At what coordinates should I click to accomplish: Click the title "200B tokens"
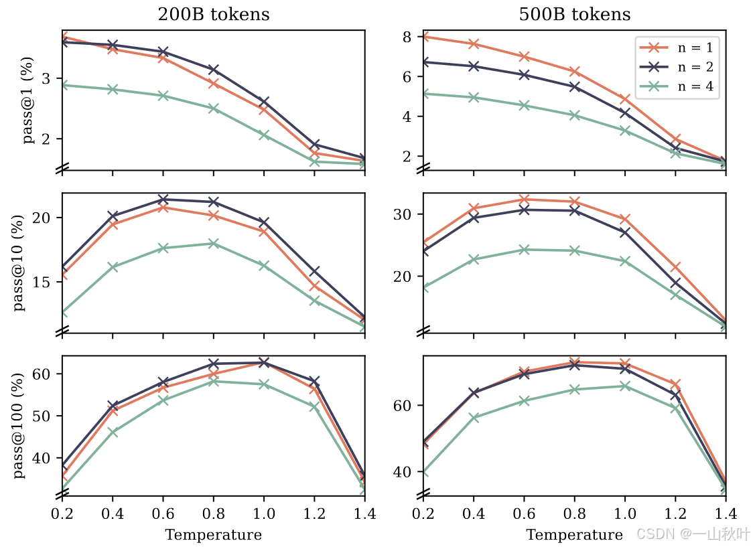pyautogui.click(x=214, y=14)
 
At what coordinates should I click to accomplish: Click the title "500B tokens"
pyautogui.click(x=575, y=14)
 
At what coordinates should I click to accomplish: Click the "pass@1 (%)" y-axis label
pyautogui.click(x=28, y=100)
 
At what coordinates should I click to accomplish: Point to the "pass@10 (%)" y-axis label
pyautogui.click(x=19, y=263)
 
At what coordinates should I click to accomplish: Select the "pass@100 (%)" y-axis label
pyautogui.click(x=19, y=426)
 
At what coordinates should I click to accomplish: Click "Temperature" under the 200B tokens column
pyautogui.click(x=214, y=534)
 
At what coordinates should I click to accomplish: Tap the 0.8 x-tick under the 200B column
pyautogui.click(x=214, y=514)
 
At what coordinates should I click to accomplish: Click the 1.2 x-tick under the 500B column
pyautogui.click(x=675, y=514)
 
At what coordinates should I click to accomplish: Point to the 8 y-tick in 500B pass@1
pyautogui.click(x=413, y=37)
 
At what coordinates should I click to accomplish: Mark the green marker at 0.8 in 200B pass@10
pyautogui.click(x=214, y=244)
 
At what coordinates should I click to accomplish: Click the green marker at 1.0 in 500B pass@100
pyautogui.click(x=625, y=386)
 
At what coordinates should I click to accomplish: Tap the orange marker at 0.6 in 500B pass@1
pyautogui.click(x=524, y=57)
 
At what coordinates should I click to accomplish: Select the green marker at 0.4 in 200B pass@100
pyautogui.click(x=113, y=433)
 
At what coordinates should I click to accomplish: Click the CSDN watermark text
pyautogui.click(x=693, y=534)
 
